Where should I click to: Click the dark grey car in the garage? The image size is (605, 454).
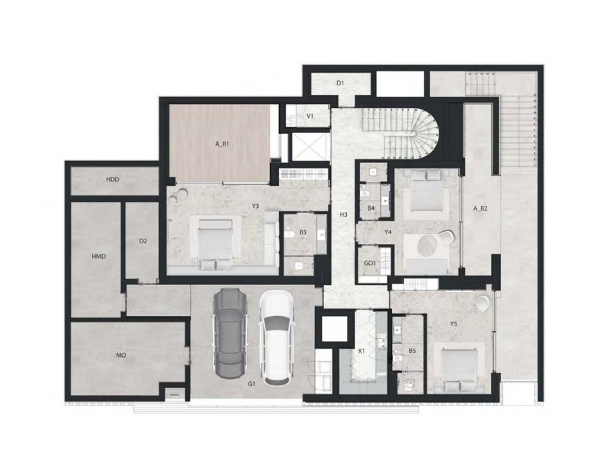[x=230, y=334]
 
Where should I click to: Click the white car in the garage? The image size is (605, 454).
[x=276, y=338]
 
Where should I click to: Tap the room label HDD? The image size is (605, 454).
[x=112, y=180]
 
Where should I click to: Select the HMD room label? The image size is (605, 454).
[x=99, y=256]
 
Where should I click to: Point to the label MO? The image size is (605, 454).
[x=121, y=356]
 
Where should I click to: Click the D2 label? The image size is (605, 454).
[x=143, y=242]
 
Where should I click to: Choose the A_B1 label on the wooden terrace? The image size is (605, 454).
[x=222, y=144]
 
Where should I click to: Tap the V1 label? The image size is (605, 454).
[x=310, y=116]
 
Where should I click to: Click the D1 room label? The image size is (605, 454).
[x=340, y=82]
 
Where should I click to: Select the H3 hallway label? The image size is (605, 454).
[x=344, y=214]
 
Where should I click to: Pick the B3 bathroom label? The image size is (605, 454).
[x=303, y=232]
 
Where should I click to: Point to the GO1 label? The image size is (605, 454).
[x=370, y=263]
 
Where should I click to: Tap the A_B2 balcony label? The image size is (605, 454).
[x=480, y=209]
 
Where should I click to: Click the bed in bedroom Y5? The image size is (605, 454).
[x=459, y=369]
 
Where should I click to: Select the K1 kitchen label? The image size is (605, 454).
[x=361, y=351]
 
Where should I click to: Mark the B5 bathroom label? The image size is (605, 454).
[x=412, y=351]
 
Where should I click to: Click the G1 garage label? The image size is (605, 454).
[x=252, y=384]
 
